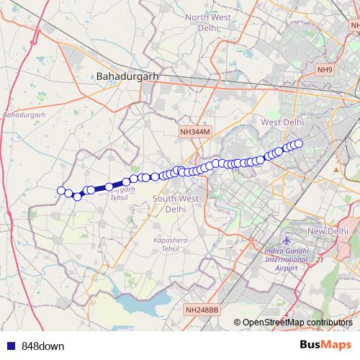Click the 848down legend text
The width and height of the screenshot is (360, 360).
pos(42,346)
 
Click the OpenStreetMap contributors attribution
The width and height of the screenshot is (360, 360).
pos(297,323)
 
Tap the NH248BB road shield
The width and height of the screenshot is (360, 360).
pos(202,310)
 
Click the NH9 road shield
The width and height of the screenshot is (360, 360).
pos(325,70)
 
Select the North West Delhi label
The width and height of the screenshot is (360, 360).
pos(209,23)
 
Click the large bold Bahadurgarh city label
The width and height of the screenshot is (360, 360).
pos(127,75)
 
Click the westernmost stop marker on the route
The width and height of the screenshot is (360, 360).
pos(61,191)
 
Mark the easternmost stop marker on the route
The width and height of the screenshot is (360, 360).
pos(299,143)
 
